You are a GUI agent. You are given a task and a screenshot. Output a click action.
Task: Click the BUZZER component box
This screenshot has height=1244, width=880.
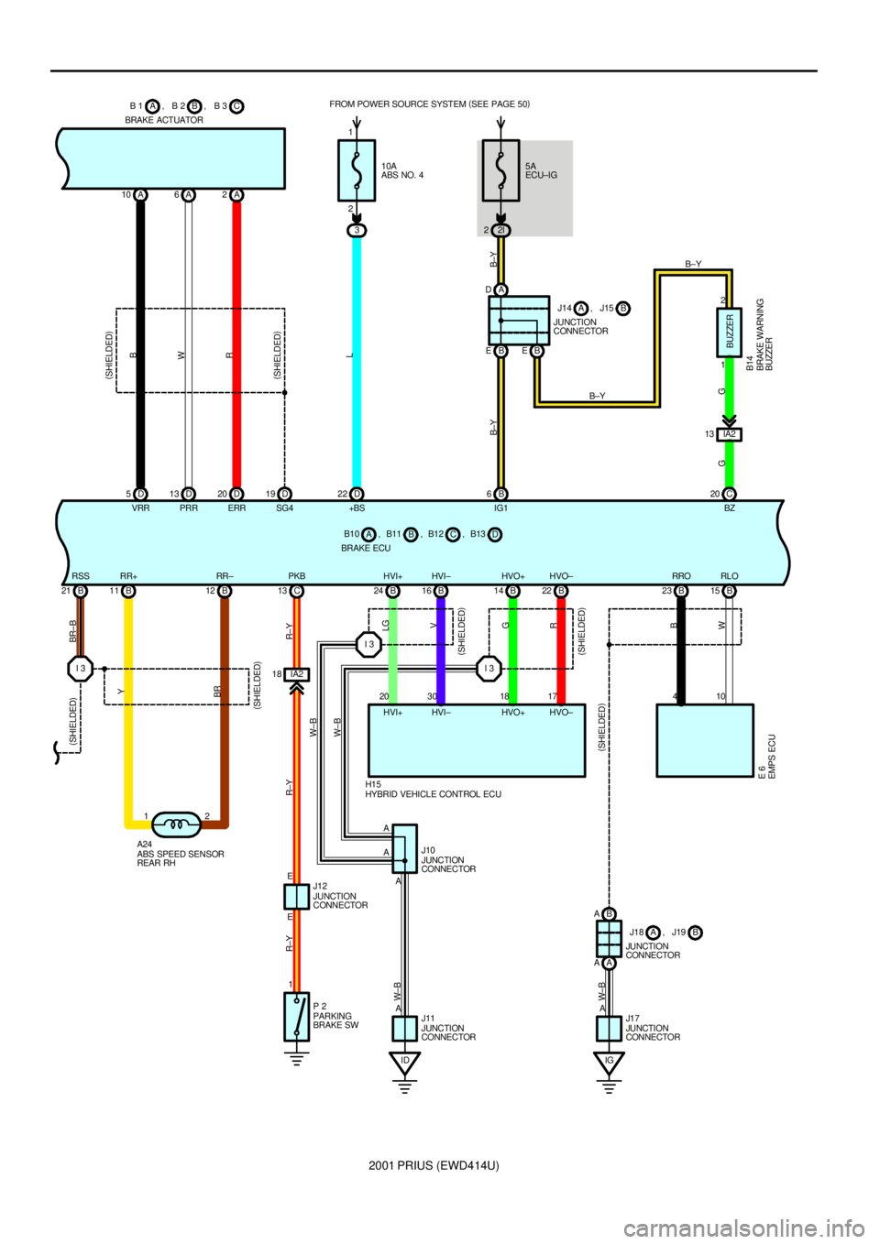click(730, 332)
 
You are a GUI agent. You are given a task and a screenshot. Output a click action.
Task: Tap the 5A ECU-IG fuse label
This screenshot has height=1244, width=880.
click(541, 171)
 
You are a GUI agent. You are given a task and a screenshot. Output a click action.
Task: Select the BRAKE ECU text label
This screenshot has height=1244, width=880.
click(366, 548)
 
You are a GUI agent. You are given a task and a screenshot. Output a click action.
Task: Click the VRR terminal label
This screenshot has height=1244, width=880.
click(140, 508)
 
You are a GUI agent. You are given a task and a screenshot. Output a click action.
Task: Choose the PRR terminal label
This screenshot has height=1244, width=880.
click(189, 508)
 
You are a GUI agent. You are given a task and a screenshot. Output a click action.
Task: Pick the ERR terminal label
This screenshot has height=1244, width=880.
click(236, 508)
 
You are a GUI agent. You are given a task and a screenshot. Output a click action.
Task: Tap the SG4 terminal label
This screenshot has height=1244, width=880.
click(285, 508)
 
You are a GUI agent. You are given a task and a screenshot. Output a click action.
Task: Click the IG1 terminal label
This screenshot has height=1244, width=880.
click(500, 508)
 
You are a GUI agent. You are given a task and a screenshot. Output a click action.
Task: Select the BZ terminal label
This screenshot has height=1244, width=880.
click(730, 508)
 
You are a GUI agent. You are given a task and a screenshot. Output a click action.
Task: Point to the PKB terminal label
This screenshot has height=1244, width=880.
click(297, 576)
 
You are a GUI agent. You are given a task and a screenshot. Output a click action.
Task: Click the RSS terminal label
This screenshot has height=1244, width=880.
click(81, 576)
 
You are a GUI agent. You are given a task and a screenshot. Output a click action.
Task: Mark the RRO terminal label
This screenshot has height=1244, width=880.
click(681, 576)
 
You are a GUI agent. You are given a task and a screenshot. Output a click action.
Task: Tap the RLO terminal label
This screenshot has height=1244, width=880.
click(730, 576)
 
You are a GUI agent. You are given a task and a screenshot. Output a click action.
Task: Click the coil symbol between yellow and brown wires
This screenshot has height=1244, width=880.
click(176, 825)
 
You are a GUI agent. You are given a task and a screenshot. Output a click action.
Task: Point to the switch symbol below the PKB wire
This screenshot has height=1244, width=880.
click(296, 1017)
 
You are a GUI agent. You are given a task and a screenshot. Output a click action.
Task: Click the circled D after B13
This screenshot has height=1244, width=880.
click(495, 534)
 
